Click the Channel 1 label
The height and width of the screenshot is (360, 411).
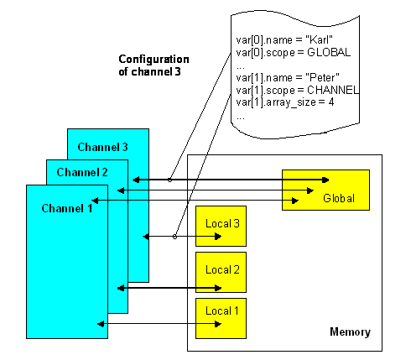point(66,207)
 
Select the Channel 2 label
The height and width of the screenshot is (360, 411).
point(82,172)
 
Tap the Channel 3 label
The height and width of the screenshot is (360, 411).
point(102,147)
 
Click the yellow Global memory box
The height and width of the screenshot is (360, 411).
point(325,190)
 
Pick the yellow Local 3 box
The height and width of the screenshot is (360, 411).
point(221,226)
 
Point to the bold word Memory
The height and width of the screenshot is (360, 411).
point(350,332)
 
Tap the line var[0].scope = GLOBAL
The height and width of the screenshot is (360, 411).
point(293,52)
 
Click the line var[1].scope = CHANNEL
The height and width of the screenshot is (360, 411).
point(298,90)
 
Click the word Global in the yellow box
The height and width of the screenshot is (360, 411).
point(339,198)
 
